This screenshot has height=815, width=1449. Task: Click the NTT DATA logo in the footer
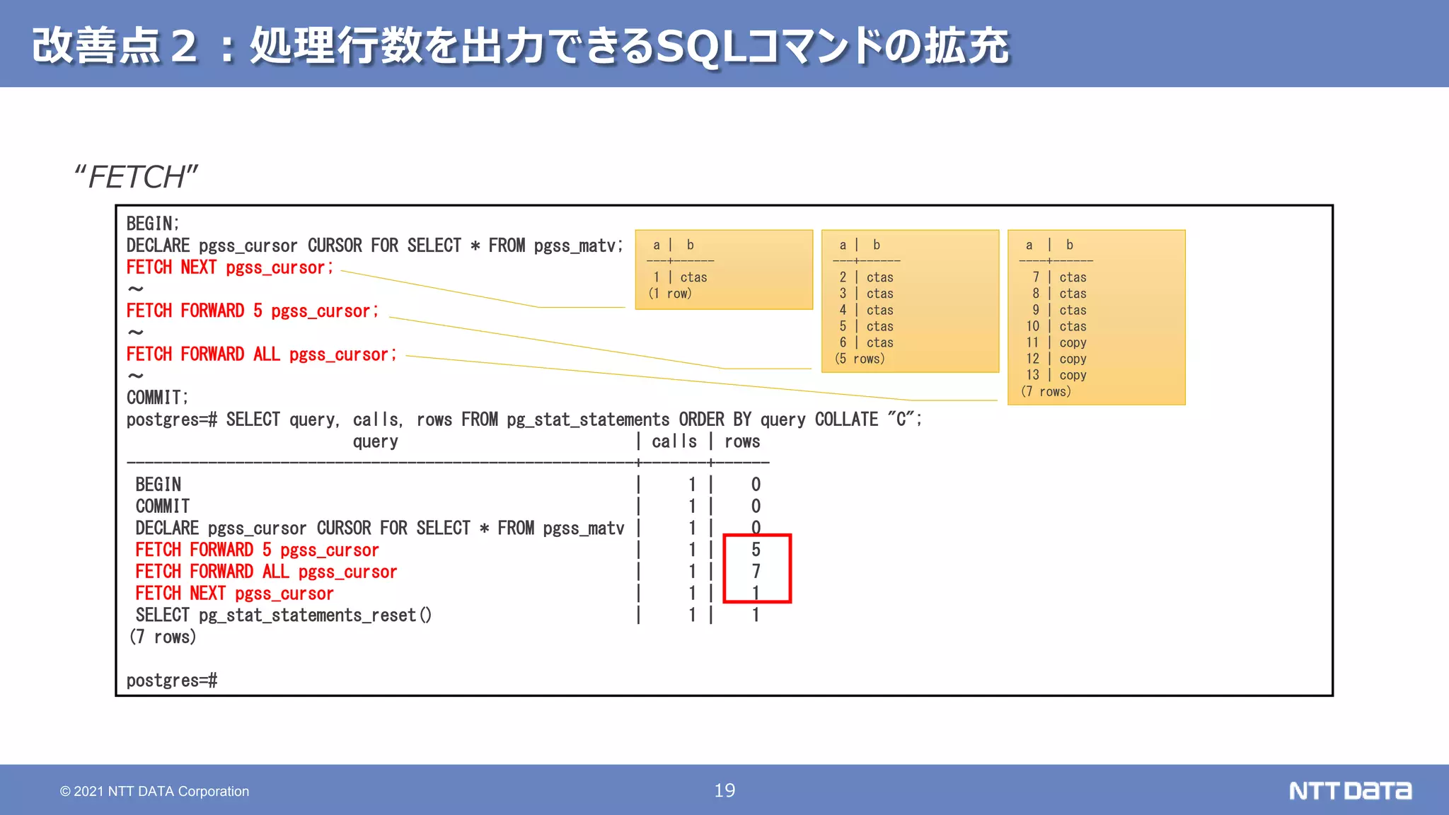coord(1350,790)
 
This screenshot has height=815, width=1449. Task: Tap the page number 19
coord(724,790)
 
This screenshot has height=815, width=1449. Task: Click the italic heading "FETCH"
coord(137,177)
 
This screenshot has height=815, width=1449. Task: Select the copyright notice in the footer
coord(154,791)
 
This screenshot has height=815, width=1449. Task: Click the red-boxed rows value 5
coord(756,550)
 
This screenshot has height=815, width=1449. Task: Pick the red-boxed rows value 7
coord(756,571)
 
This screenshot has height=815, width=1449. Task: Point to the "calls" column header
coord(674,441)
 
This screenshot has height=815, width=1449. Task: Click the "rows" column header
coord(742,441)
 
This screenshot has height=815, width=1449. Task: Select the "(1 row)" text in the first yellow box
coord(670,294)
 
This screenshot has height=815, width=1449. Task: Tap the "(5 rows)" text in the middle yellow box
coord(860,359)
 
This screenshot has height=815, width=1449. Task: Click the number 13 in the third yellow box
coord(1032,375)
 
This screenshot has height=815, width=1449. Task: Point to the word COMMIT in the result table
coord(163,507)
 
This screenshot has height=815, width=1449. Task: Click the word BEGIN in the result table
coord(158,485)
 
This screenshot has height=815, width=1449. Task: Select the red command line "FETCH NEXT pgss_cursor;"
coord(229,267)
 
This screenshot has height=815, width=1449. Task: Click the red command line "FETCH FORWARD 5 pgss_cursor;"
coord(252,311)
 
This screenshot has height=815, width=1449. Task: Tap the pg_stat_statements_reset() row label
coord(283,615)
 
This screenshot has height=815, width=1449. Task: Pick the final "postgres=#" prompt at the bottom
coord(172,681)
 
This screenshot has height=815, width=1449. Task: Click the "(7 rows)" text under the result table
coord(163,637)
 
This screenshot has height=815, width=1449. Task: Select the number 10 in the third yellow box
coord(1032,326)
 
